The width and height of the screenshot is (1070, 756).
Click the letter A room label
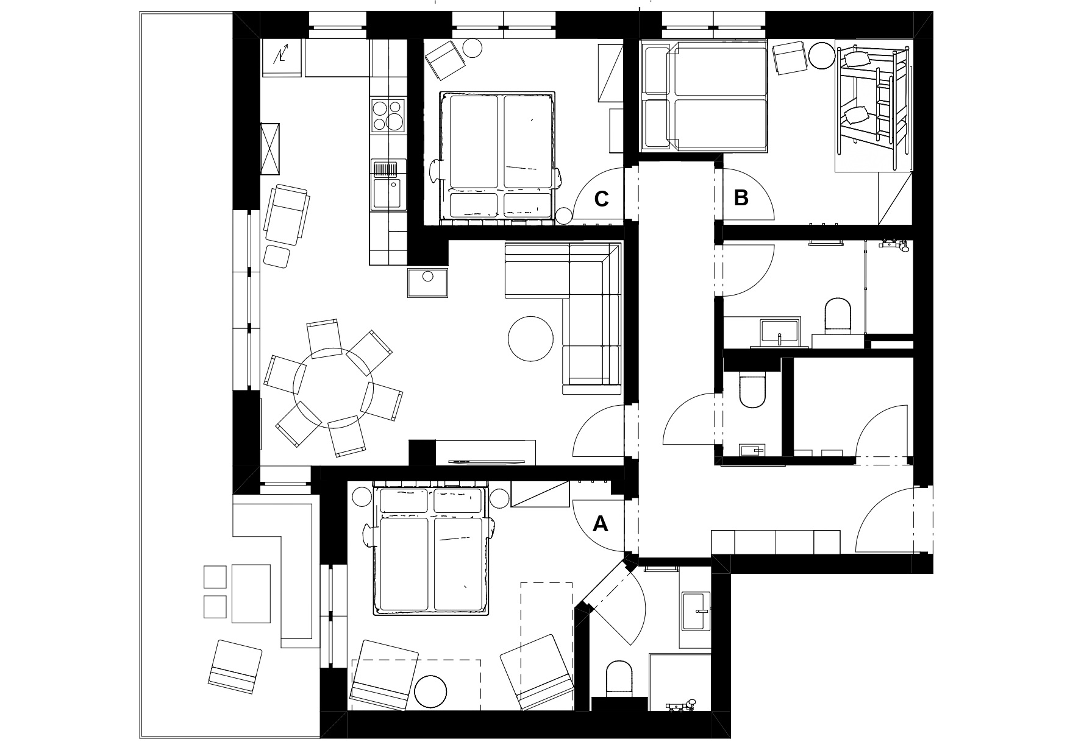coord(601,523)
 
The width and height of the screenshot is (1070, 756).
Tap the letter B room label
coord(741,197)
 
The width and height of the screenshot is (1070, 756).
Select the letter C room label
coord(601,199)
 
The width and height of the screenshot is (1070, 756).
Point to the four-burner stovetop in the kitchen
coord(388,115)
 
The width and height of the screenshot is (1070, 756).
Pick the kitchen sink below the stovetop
coord(388,185)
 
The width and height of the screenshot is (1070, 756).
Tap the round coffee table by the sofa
coord(531,339)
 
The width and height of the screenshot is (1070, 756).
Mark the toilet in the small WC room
coord(752,391)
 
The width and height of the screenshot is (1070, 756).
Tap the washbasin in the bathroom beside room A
coord(696,611)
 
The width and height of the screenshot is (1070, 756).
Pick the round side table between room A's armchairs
coord(430,691)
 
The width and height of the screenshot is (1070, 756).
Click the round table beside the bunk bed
coord(822,55)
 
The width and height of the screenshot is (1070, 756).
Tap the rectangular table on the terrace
coord(251,593)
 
